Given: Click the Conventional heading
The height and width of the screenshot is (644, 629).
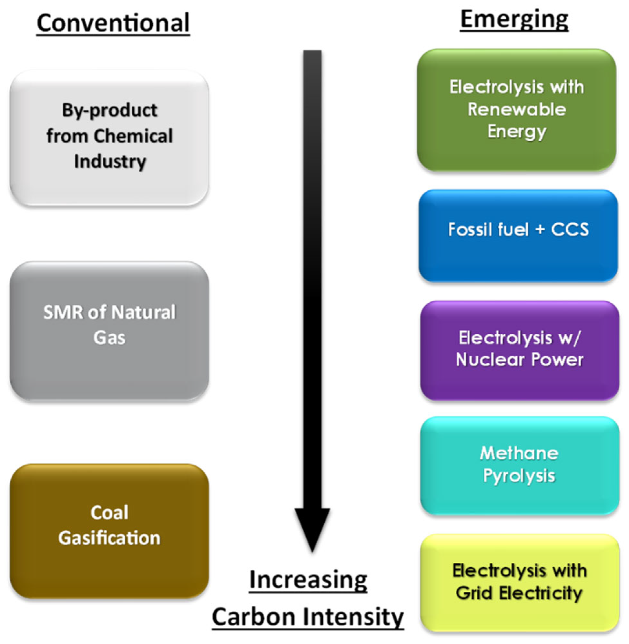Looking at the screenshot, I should (113, 23).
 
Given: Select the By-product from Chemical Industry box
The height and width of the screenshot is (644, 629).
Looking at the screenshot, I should (109, 138).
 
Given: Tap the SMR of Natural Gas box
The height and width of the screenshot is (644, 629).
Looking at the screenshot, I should (109, 331).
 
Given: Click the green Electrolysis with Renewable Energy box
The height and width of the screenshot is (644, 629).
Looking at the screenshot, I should (516, 110).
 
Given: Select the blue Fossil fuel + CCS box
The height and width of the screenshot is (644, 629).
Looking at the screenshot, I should (518, 235).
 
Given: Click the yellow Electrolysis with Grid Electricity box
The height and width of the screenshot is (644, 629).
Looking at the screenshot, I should (519, 583).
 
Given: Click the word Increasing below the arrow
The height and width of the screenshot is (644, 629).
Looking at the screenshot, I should (308, 580).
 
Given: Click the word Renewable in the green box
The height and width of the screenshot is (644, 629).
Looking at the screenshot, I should (516, 109).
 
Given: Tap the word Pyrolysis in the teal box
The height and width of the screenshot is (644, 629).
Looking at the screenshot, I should (519, 476).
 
